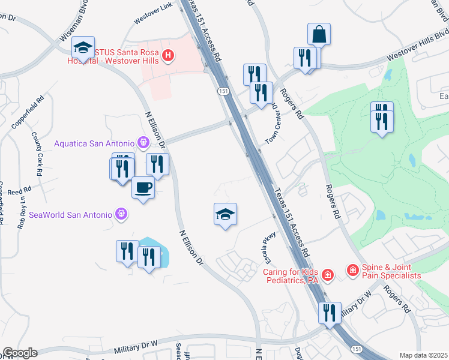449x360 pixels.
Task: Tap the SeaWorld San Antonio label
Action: tap(70, 214)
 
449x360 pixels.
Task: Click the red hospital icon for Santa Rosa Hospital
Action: tap(169, 56)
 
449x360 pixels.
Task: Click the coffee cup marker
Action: tap(143, 188)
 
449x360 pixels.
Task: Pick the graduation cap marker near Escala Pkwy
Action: tap(225, 214)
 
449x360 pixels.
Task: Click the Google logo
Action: tap(19, 353)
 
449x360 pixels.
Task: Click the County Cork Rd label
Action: tap(37, 154)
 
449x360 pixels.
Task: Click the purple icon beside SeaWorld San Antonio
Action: tap(122, 214)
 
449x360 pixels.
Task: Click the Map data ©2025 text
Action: tap(423, 355)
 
